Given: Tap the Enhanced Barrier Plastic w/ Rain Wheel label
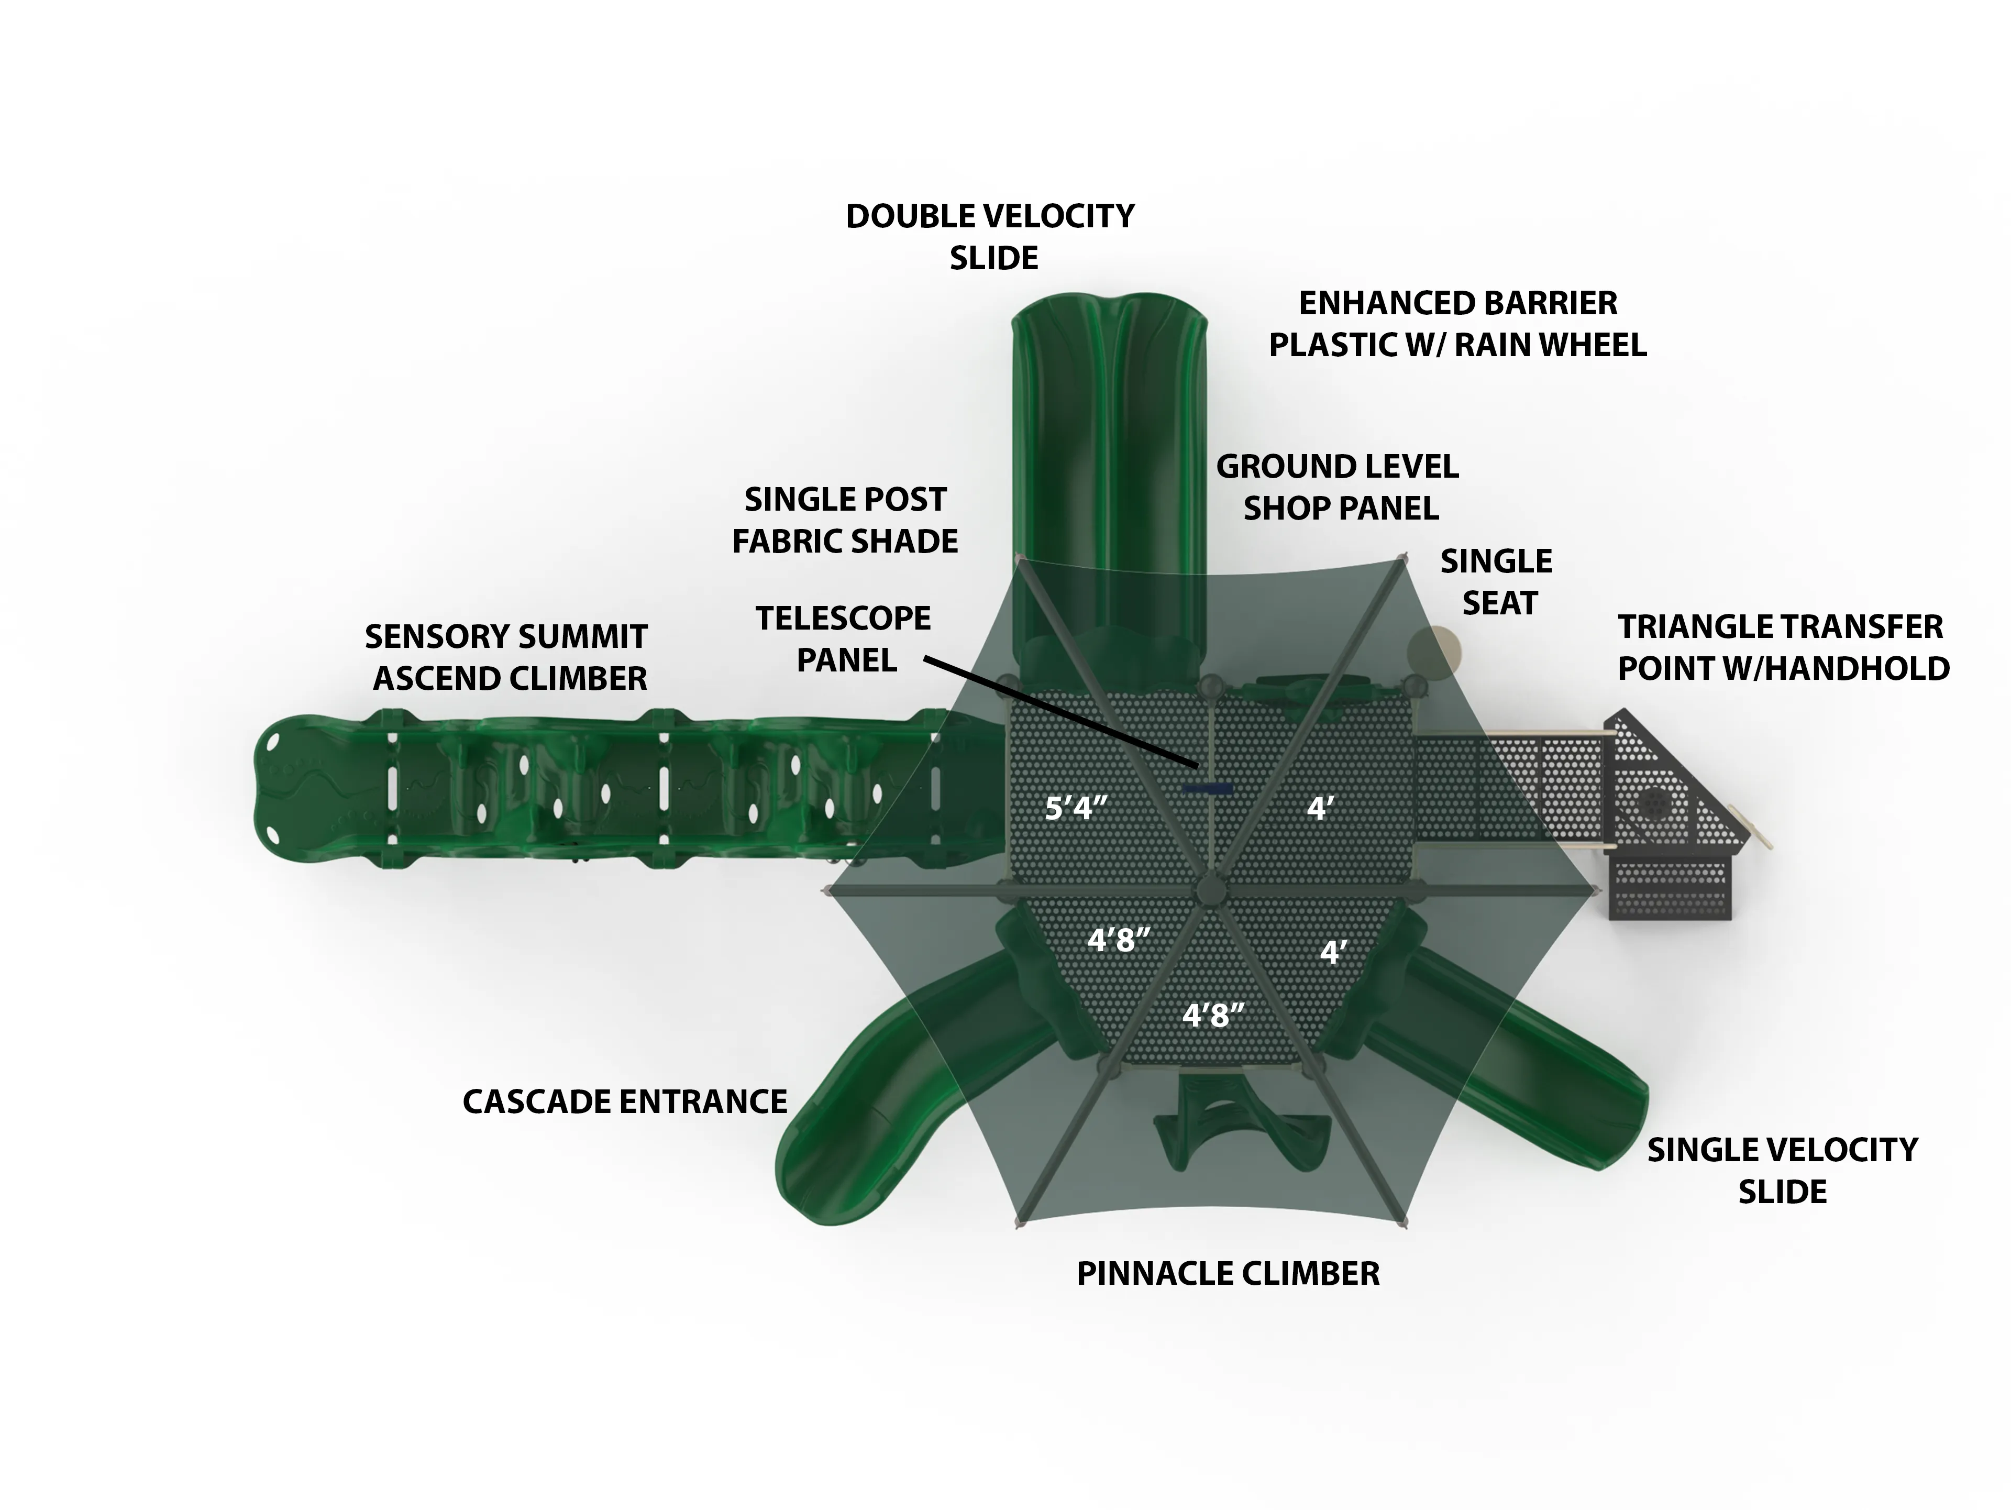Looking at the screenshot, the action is [1457, 324].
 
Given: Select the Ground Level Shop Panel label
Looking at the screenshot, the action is [1338, 487].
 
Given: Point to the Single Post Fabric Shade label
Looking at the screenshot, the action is [845, 520].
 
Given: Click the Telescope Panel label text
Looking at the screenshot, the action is [844, 639].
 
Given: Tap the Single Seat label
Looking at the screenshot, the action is [1497, 582].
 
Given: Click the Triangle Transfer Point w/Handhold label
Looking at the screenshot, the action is [1783, 647].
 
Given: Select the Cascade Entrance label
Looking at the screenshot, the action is [625, 1102].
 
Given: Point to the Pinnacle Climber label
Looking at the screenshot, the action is [1228, 1274].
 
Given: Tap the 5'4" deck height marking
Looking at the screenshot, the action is [1076, 807].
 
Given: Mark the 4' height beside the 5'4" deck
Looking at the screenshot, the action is [1320, 807].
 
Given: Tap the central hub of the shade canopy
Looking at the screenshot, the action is [1210, 888].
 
